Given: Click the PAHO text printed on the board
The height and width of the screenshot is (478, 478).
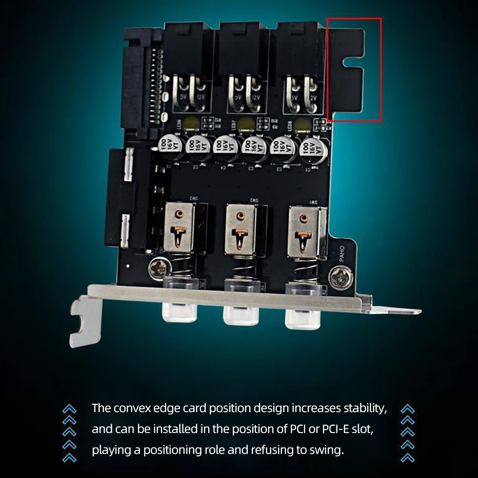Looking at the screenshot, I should click(341, 252).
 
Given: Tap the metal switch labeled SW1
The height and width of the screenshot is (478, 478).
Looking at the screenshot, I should click(304, 229).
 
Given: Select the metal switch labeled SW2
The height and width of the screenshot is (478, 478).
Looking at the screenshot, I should click(241, 228).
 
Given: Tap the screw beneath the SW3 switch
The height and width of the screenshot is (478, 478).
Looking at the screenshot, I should click(157, 269).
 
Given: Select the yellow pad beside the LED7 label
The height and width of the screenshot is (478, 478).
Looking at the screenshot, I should click(246, 124).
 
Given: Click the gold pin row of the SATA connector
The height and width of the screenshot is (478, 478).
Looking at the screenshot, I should click(154, 86).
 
